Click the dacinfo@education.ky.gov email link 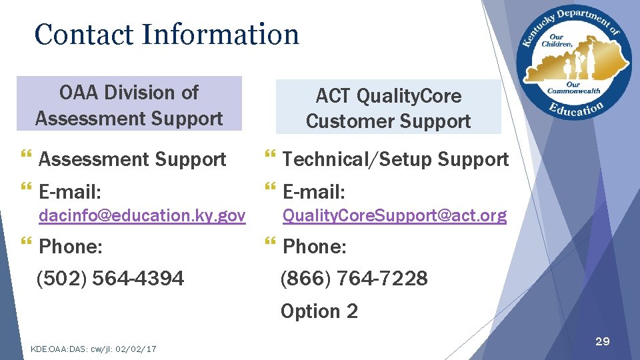point(142,216)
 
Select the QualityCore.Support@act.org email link point(394,216)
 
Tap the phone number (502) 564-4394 point(110,279)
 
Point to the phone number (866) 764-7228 point(354,279)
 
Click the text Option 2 point(319,311)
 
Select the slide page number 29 point(602,341)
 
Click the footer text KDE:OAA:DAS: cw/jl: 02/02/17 point(93,349)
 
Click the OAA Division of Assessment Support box point(129,105)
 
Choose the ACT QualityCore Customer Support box point(388,108)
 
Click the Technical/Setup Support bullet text point(395,159)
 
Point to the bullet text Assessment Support point(133,159)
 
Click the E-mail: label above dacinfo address point(70,193)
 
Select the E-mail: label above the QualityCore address point(314,193)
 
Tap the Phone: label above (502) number point(71,247)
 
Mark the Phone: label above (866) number point(315,247)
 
